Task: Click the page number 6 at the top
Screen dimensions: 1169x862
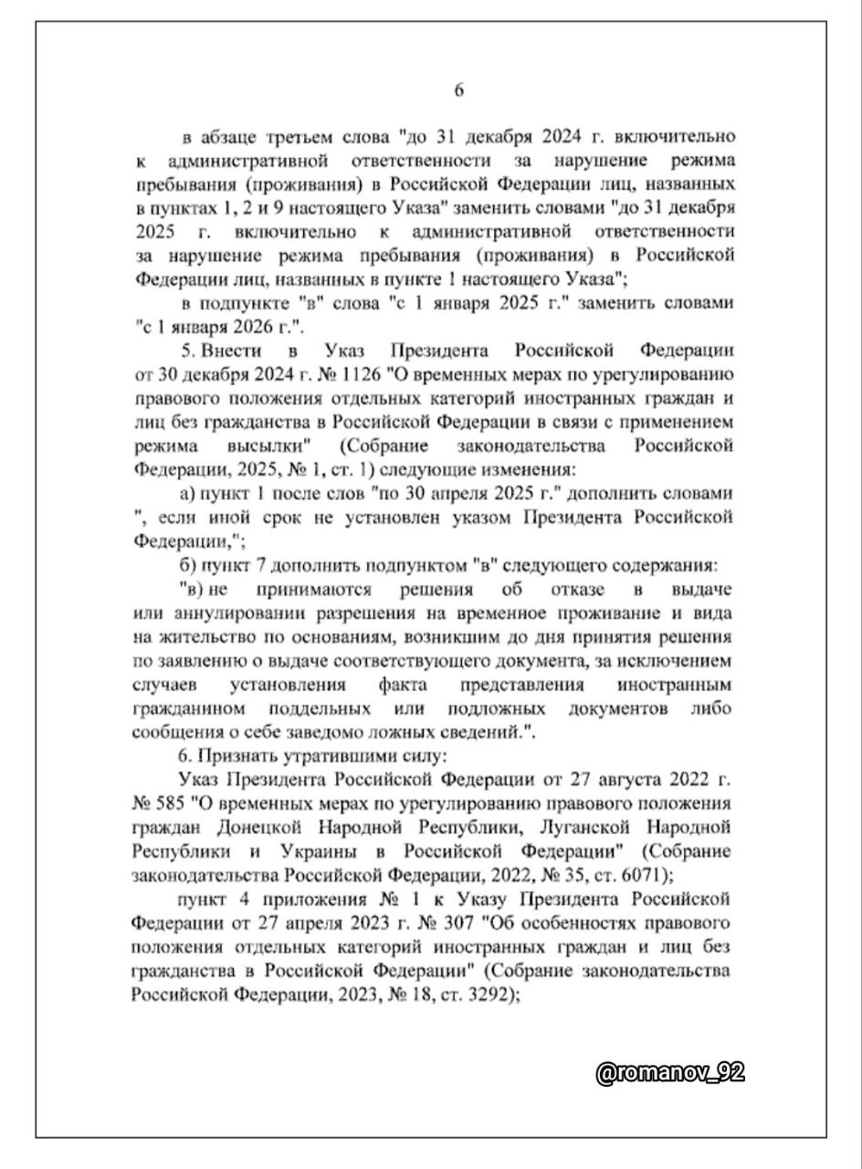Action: coord(459,90)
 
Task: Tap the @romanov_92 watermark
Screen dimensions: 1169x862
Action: coord(669,1073)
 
